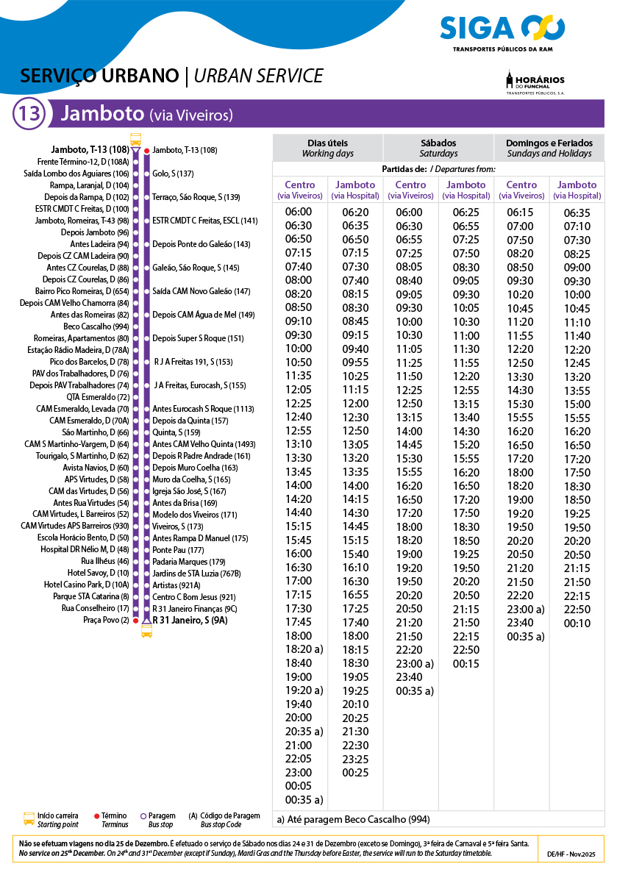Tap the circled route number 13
pos(30,114)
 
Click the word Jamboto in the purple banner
pos(102,114)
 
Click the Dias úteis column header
pos(327,148)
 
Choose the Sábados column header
pos(438,148)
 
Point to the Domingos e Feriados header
pos(549,148)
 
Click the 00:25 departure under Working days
pos(355,773)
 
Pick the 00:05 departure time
pos(298,786)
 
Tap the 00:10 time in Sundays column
pos(577,624)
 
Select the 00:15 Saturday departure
pos(466,664)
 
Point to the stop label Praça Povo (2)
pos(106,621)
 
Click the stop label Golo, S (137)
pos(173,174)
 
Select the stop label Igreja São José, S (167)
pos(189,491)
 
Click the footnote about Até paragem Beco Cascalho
pos(353,819)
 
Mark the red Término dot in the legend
pos(97,816)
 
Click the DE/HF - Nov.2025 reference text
pos(574,854)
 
